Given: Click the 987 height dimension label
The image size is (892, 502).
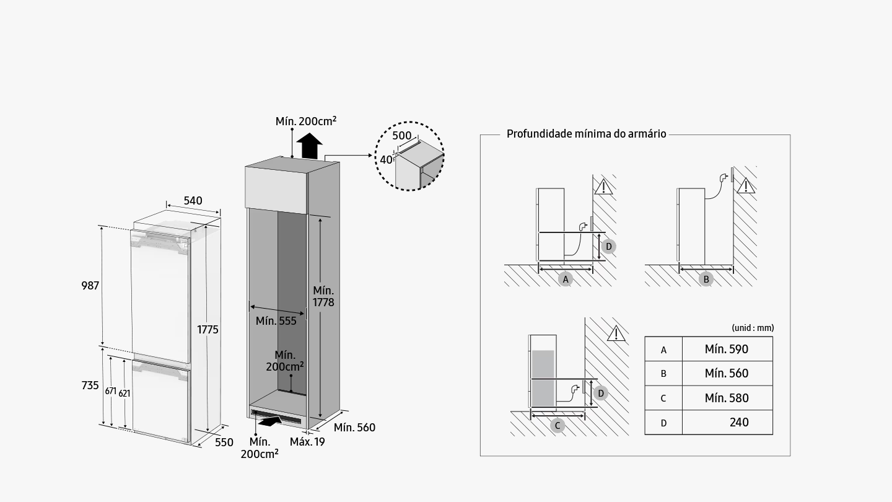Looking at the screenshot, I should pyautogui.click(x=90, y=286).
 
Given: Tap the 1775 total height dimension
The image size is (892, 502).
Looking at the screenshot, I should pyautogui.click(x=208, y=330).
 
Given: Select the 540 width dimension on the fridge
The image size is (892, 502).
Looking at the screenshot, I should pyautogui.click(x=193, y=201).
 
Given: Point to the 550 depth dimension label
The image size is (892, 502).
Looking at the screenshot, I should pyautogui.click(x=224, y=442).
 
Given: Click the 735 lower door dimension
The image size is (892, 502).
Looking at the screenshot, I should pyautogui.click(x=90, y=385).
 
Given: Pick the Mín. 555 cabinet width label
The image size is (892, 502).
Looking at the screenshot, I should pyautogui.click(x=276, y=321).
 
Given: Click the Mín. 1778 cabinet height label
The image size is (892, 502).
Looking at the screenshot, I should pyautogui.click(x=323, y=296).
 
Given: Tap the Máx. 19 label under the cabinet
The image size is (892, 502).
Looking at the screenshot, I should pyautogui.click(x=307, y=442).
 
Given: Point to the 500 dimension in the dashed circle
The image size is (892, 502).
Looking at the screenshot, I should pyautogui.click(x=402, y=136).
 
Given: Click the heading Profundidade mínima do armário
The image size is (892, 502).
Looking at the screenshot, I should pyautogui.click(x=586, y=134).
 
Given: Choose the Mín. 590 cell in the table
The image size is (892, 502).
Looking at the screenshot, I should pyautogui.click(x=727, y=349).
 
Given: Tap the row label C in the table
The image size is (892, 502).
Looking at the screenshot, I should pyautogui.click(x=663, y=399).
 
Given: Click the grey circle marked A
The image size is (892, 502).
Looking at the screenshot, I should pyautogui.click(x=565, y=280).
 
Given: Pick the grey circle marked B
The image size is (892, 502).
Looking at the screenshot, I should pyautogui.click(x=706, y=280).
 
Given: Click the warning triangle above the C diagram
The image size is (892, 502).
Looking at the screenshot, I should pyautogui.click(x=616, y=334).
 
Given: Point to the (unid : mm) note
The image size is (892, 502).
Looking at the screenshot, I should pyautogui.click(x=753, y=328).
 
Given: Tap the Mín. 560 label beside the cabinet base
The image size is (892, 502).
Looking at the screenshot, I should pyautogui.click(x=354, y=428).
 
